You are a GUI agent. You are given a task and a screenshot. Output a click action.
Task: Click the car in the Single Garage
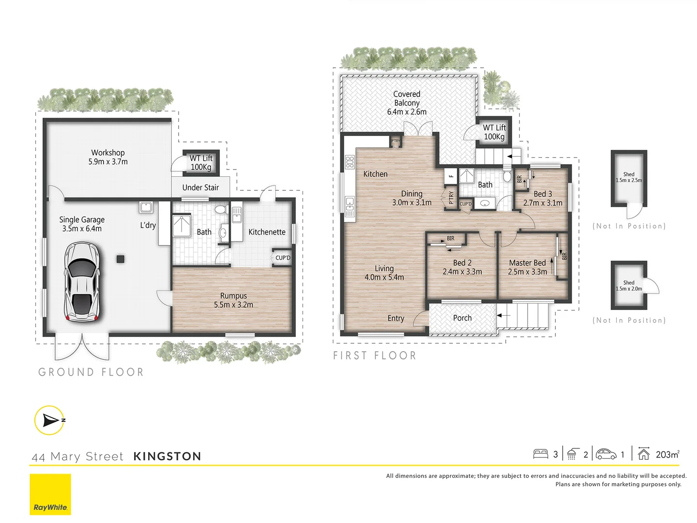click(x=82, y=282)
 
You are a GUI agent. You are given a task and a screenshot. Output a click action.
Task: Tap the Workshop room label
click(x=108, y=157)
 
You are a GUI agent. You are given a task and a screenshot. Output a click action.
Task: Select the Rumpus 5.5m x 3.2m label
click(x=233, y=300)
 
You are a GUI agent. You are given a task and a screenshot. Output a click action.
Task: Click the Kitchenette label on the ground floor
click(x=267, y=232)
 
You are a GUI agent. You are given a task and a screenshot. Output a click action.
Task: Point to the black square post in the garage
click(x=120, y=259)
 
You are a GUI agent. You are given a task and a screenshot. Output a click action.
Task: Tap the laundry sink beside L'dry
click(x=146, y=208)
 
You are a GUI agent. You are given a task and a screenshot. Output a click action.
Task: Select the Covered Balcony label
click(x=407, y=103)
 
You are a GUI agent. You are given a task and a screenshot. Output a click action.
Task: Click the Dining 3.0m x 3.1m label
click(x=412, y=198)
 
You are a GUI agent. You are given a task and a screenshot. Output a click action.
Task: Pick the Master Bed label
click(x=527, y=267)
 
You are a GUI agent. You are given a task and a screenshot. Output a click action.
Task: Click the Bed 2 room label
click(x=462, y=267)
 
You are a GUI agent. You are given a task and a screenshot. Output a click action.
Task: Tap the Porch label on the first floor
click(x=462, y=318)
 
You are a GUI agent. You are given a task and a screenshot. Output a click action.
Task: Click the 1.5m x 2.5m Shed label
click(x=629, y=177)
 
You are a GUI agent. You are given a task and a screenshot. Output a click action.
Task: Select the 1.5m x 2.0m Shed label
click(x=629, y=286)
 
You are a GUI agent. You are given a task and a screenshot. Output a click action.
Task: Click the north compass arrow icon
click(x=49, y=420)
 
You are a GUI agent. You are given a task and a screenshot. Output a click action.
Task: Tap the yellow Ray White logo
click(x=50, y=494)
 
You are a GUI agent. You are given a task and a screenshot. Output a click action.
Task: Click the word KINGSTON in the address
click(x=167, y=456)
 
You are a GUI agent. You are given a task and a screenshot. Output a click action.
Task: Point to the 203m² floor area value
click(x=667, y=454)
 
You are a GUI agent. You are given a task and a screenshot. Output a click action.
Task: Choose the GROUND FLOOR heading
click(x=91, y=372)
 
